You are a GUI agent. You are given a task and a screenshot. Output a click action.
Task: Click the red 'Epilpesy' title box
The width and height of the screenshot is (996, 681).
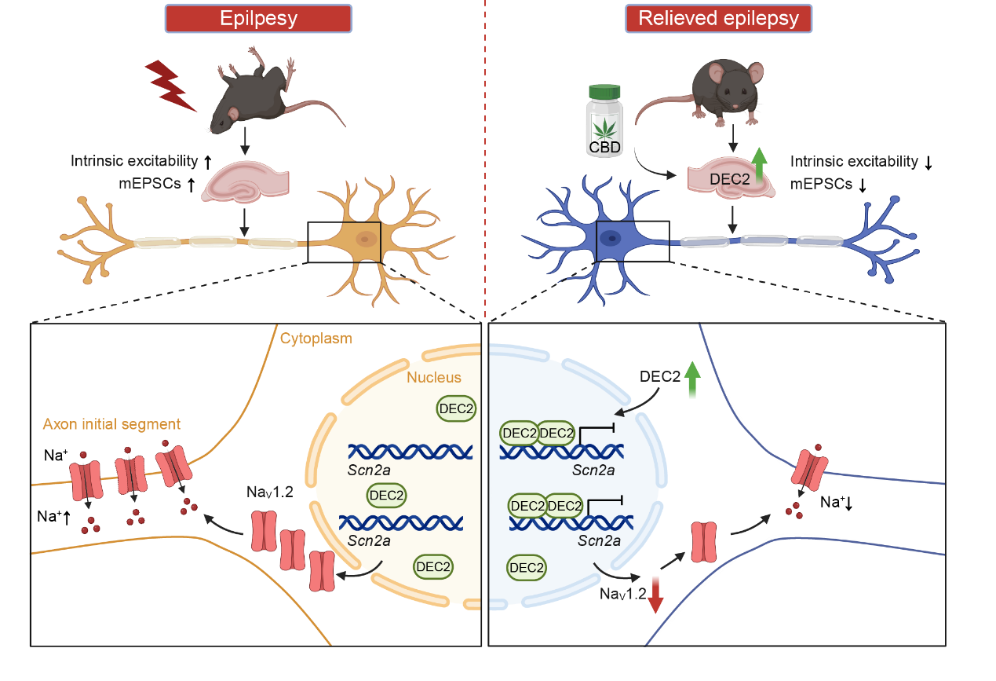259,19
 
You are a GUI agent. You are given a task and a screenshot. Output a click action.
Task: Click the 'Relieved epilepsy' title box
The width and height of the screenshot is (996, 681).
718,19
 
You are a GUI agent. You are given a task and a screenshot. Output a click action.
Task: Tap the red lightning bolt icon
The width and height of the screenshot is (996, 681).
170,86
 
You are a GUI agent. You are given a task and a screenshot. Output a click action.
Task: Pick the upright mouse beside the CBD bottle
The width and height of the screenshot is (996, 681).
726,90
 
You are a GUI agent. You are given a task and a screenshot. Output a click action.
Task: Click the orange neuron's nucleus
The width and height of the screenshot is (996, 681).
363,239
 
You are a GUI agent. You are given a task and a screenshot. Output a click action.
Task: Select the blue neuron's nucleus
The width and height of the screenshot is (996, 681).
610,235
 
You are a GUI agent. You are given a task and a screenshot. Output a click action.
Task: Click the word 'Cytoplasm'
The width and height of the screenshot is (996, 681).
316,339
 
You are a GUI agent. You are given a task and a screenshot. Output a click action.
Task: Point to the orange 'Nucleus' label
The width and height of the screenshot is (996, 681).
434,378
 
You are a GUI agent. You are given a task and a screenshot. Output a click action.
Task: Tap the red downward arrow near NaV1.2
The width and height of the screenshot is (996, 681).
655,596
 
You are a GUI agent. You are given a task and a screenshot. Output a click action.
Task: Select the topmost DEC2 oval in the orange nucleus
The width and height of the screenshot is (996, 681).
457,408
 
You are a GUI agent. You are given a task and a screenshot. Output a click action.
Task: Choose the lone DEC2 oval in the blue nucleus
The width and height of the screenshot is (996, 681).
527,567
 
